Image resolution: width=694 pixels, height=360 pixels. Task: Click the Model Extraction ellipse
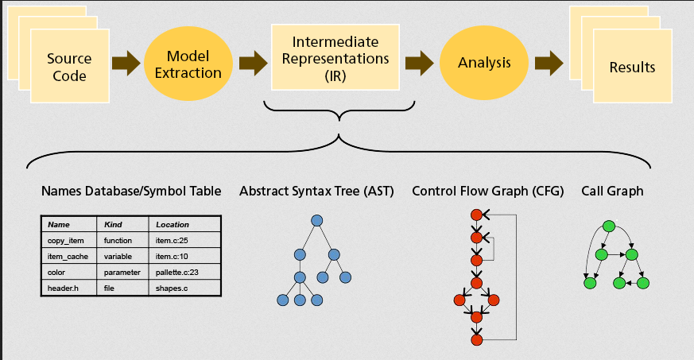pyautogui.click(x=188, y=64)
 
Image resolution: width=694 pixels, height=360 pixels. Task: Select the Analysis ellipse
pyautogui.click(x=484, y=63)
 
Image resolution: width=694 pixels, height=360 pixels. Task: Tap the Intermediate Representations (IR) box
pyautogui.click(x=335, y=57)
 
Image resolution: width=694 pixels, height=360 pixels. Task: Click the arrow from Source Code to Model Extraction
pyautogui.click(x=126, y=63)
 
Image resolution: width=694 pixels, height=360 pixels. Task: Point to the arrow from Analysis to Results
pyautogui.click(x=549, y=63)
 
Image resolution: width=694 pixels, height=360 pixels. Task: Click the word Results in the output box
pyautogui.click(x=632, y=68)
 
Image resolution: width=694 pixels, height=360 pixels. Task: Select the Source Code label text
pyautogui.click(x=69, y=67)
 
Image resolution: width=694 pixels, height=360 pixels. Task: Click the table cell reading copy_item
pyautogui.click(x=68, y=240)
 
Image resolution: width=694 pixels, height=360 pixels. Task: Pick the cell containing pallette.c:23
pyautogui.click(x=184, y=272)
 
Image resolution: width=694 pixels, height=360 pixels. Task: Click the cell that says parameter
pyautogui.click(x=122, y=272)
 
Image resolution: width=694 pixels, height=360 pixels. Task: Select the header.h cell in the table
pyautogui.click(x=68, y=288)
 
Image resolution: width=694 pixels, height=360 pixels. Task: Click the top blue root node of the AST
pyautogui.click(x=317, y=221)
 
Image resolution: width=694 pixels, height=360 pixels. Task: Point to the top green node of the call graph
pyautogui.click(x=609, y=226)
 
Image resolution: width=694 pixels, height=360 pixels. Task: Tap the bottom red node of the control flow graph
pyautogui.click(x=476, y=339)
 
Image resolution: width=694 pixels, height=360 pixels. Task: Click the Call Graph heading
pyautogui.click(x=612, y=191)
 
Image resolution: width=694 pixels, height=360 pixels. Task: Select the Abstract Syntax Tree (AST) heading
pyautogui.click(x=316, y=191)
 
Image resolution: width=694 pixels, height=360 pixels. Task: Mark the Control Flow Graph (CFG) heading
pyautogui.click(x=488, y=191)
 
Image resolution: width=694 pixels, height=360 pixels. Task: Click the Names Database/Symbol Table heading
pyautogui.click(x=131, y=191)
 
